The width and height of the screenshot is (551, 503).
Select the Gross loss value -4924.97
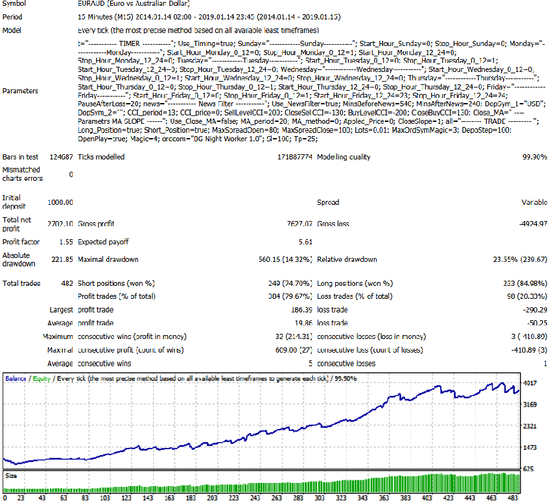(x=530, y=224)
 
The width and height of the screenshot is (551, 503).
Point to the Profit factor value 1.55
(x=65, y=241)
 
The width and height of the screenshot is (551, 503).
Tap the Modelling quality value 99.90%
(x=534, y=157)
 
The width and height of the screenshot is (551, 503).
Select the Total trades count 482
(x=66, y=283)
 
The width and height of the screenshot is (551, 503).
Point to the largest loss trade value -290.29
(x=533, y=310)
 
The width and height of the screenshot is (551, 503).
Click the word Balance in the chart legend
(x=16, y=377)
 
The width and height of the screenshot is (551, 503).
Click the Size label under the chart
(x=10, y=476)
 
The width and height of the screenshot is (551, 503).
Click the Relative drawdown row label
(x=347, y=259)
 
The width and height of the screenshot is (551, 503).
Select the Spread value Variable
(x=534, y=202)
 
